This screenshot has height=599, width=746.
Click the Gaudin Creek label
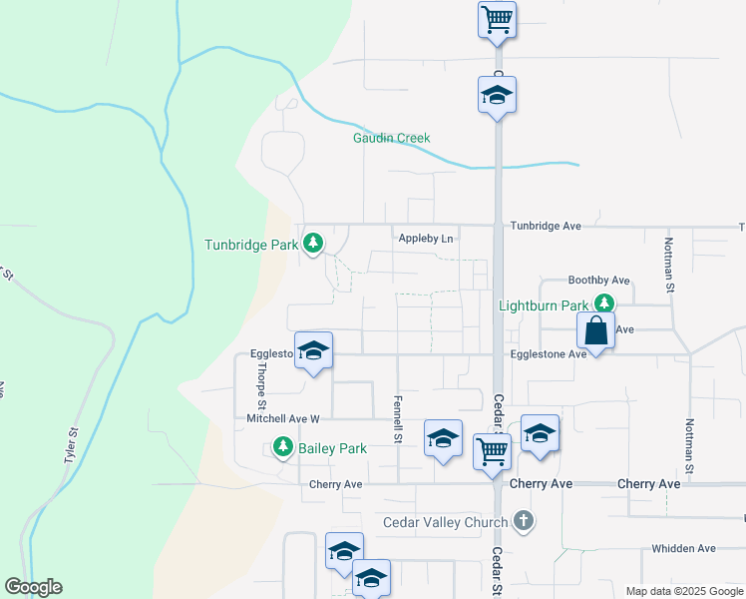[x=391, y=138]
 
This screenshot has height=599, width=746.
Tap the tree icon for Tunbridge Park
[x=313, y=243]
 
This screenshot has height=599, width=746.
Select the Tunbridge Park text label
[x=250, y=244]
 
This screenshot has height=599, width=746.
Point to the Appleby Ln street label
[x=426, y=239]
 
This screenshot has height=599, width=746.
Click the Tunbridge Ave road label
[x=545, y=227]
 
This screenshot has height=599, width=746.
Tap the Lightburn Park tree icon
[x=602, y=302]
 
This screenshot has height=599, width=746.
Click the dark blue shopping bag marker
[x=595, y=330]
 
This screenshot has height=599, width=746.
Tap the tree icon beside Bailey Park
[x=284, y=448]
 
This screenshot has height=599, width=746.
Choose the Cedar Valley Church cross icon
[x=523, y=521]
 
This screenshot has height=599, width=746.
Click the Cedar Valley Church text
[x=446, y=522]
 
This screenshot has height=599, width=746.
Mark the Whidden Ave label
[x=683, y=548]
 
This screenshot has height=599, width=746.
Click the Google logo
[x=33, y=587]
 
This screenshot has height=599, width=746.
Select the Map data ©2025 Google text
[x=683, y=591]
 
